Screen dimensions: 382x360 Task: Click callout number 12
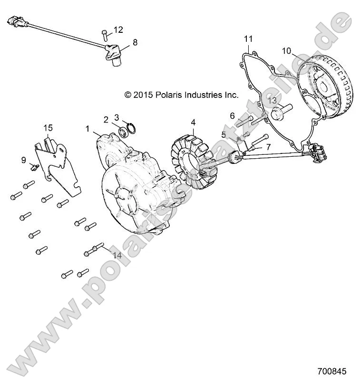click(x=118, y=30)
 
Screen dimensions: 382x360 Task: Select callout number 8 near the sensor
click(x=135, y=42)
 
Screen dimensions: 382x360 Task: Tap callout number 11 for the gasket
click(x=249, y=38)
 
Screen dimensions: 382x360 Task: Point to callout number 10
click(x=286, y=50)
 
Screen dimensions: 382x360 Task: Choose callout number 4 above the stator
click(x=193, y=122)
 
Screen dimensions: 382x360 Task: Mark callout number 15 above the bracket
click(x=49, y=127)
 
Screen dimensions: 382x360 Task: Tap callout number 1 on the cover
click(x=87, y=129)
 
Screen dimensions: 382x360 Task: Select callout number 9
click(x=24, y=160)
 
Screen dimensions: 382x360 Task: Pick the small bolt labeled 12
click(x=104, y=34)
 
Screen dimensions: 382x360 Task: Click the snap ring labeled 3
click(x=132, y=128)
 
